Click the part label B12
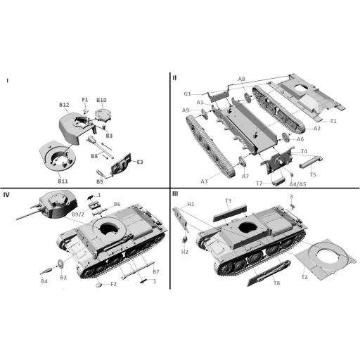64,105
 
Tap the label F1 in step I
85,100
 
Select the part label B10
101,100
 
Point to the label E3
139,162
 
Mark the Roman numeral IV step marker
6,194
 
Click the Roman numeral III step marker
175,194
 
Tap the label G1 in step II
188,94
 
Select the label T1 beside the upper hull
333,121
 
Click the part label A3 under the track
204,181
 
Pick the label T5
313,174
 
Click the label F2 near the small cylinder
113,284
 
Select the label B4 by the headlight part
44,281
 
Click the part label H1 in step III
191,204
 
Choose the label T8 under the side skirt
276,283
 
